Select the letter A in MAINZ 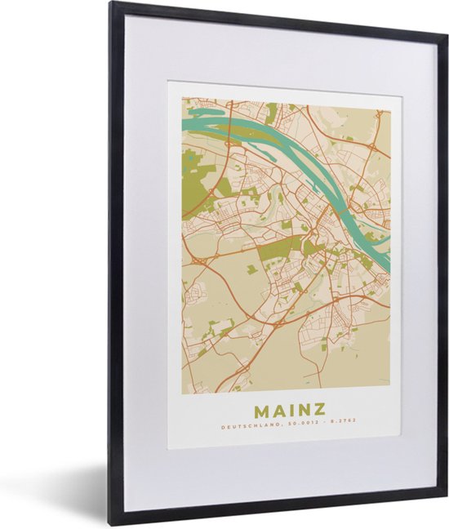coord(276,408)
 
